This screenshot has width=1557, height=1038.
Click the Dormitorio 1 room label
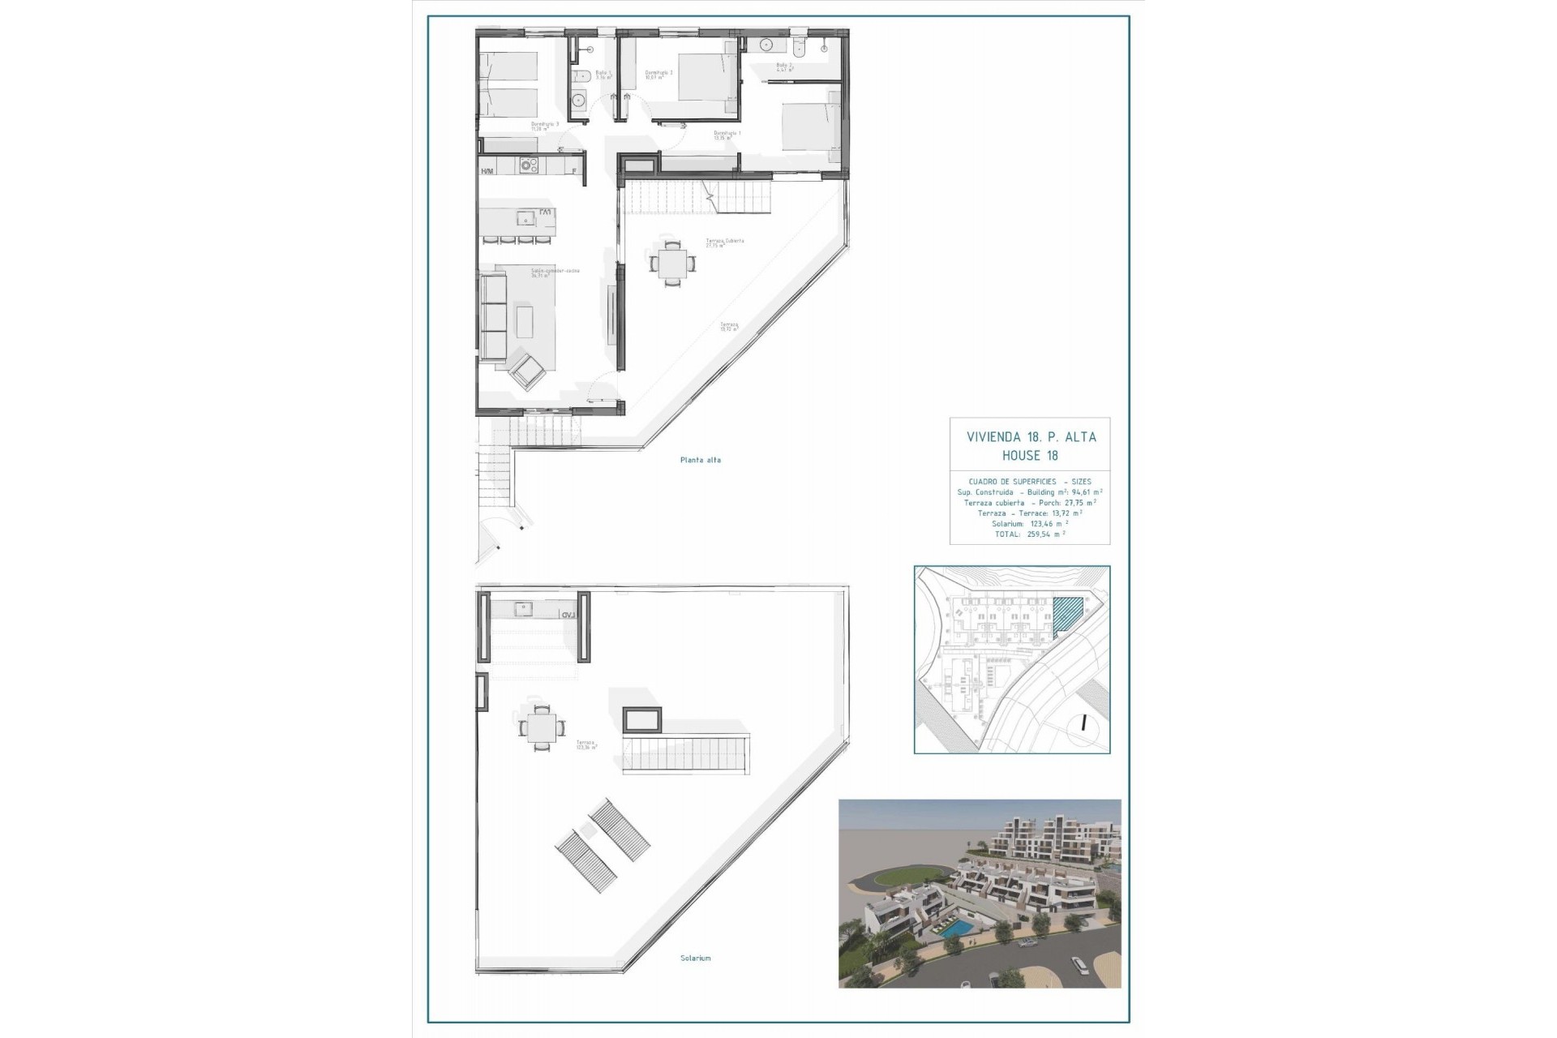[x=727, y=134]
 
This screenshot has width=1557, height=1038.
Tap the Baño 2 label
[x=783, y=67]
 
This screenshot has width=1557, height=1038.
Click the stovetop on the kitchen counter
[x=529, y=165]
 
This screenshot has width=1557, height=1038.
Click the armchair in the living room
[x=527, y=371]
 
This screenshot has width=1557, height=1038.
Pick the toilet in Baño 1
[x=581, y=79]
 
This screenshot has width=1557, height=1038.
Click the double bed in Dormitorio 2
[x=705, y=76]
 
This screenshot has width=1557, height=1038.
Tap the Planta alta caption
[x=700, y=460]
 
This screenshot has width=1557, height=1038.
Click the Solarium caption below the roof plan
[x=695, y=958]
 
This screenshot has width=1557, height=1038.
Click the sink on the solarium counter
[x=523, y=607]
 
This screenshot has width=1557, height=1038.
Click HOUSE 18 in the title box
[x=1030, y=456]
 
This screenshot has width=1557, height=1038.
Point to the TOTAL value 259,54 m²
[x=1045, y=534]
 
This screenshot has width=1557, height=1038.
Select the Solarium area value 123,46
[x=1046, y=524]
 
